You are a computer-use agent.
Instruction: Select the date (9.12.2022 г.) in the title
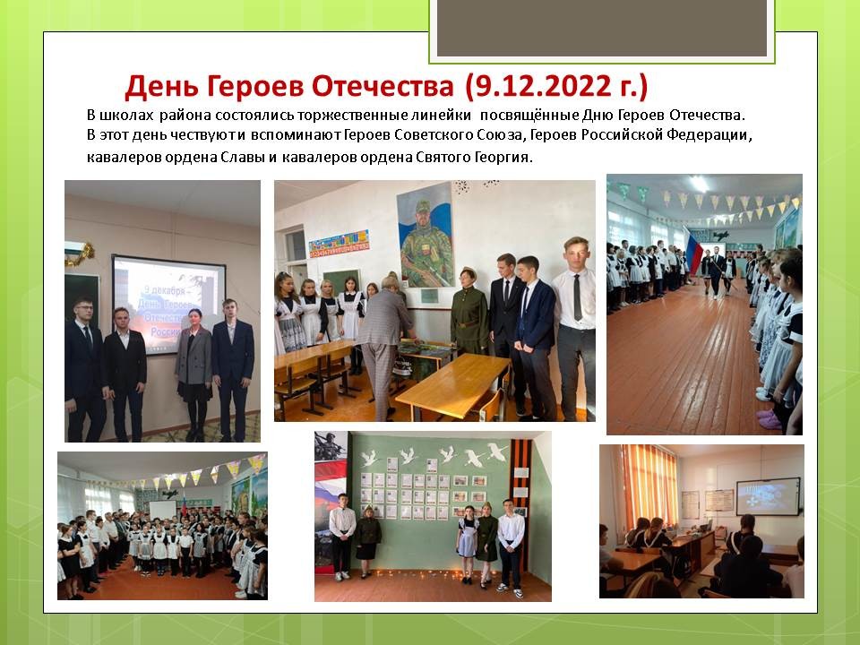point(556,86)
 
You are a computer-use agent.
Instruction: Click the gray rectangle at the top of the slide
point(602,28)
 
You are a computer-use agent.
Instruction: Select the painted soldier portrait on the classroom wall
point(426,235)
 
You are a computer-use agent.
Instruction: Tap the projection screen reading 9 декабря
point(169,304)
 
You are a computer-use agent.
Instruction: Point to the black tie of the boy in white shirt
point(578,297)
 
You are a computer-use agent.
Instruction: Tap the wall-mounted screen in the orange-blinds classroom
point(768,497)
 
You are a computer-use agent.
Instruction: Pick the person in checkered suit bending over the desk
point(384,347)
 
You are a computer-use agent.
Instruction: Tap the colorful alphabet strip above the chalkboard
point(339,244)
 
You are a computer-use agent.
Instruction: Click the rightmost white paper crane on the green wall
point(497,451)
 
